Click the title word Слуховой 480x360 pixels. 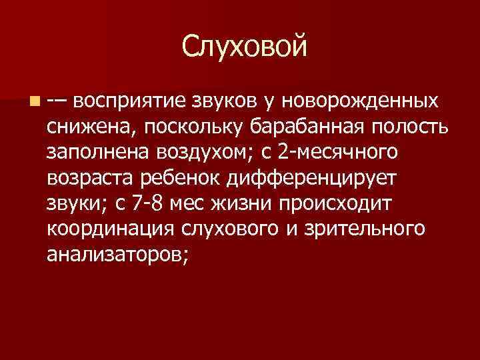tap(245, 47)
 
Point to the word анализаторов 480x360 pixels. tap(118, 254)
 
